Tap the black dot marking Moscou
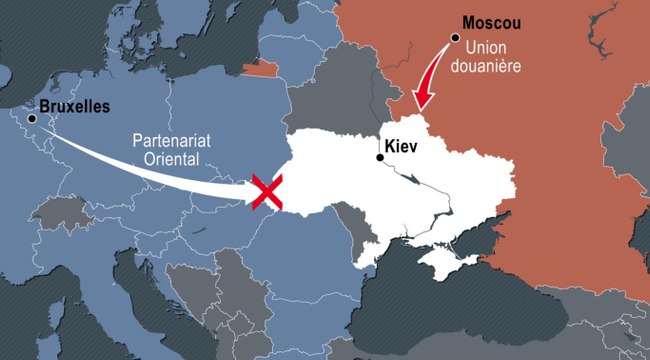pyautogui.click(x=454, y=37)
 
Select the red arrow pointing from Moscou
pyautogui.click(x=432, y=75)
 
